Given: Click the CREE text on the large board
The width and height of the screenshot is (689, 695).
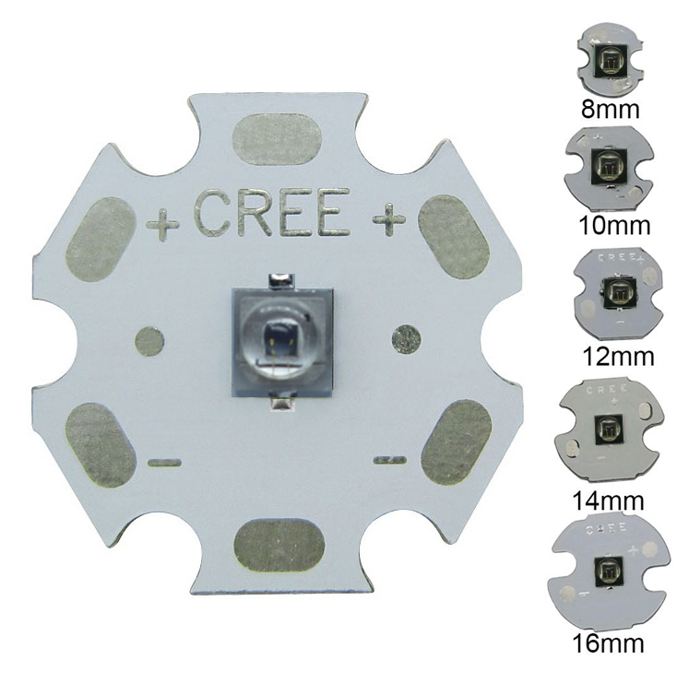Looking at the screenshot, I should coord(272,214).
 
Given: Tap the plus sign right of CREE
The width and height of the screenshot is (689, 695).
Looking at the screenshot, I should coord(388,218).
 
